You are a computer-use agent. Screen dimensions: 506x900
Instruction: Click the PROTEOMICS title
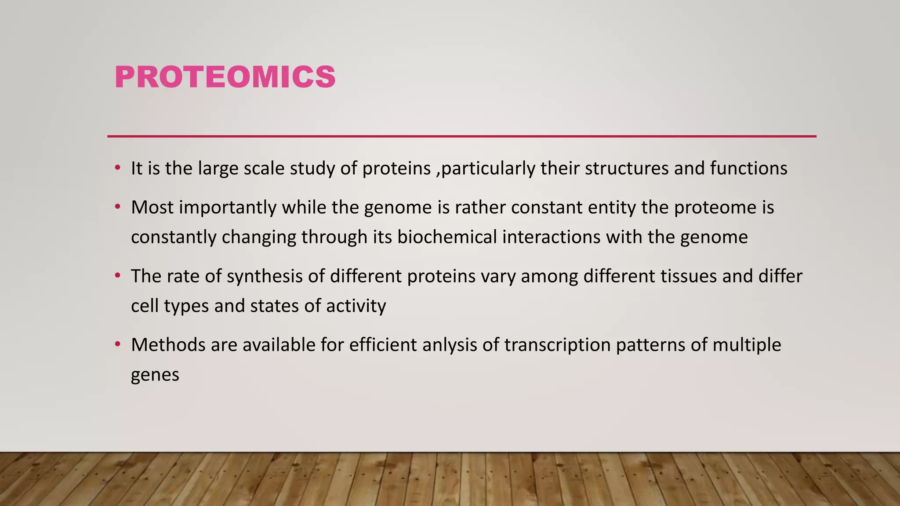(225, 77)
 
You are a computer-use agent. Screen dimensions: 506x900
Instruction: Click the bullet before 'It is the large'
(117, 168)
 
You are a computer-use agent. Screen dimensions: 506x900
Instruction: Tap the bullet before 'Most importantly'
(117, 207)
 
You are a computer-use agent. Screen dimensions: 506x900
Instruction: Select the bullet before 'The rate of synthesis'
(117, 276)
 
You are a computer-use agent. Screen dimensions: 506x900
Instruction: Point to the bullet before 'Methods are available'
(117, 345)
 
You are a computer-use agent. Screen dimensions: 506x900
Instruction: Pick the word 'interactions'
(552, 237)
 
